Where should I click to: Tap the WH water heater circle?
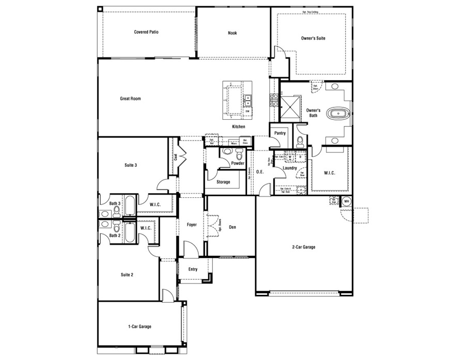click(347, 201)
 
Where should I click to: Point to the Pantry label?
click(281, 133)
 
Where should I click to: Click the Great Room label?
click(130, 98)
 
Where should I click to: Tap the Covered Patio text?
click(146, 32)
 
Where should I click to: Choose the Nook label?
click(233, 33)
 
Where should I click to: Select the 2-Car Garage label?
click(303, 247)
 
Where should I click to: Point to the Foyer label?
click(191, 225)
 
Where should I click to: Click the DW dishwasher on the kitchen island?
click(247, 111)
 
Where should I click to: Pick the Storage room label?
click(223, 182)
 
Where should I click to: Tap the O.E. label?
click(260, 172)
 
